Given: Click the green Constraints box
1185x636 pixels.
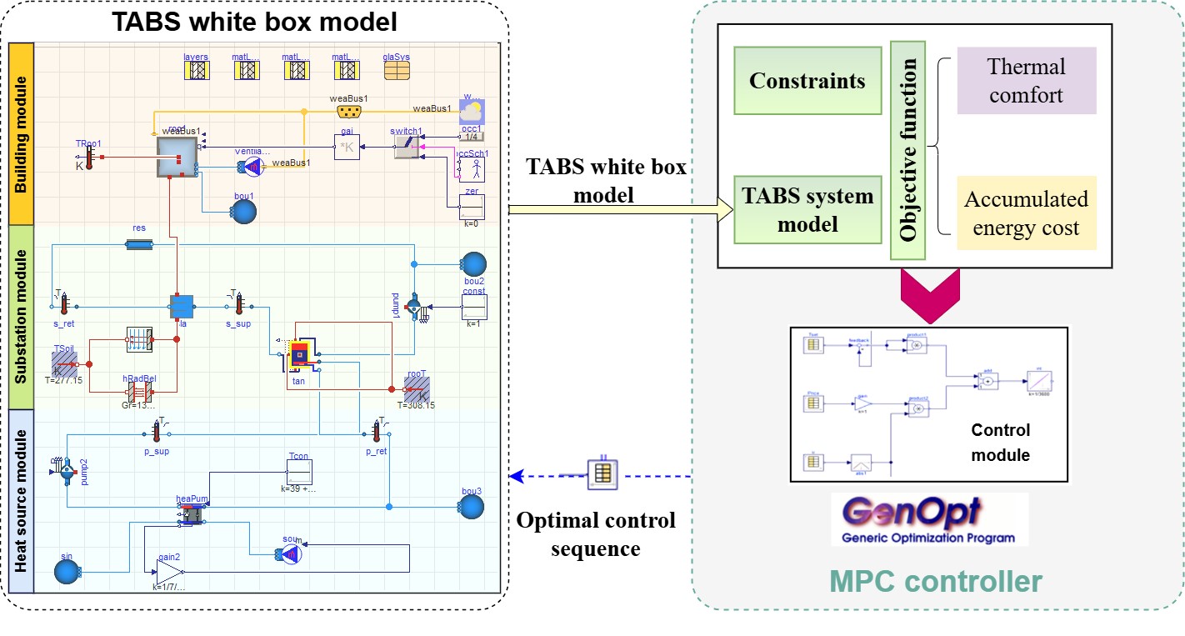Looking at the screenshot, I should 807,81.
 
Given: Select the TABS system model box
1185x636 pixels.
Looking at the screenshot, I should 807,209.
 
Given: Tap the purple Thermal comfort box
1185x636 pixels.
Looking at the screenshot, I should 1025,81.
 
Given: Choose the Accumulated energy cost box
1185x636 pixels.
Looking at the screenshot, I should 1026,213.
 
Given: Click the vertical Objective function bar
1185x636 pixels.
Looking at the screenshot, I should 909,141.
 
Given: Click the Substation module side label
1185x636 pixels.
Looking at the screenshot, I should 20,316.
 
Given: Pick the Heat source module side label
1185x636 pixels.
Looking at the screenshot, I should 20,500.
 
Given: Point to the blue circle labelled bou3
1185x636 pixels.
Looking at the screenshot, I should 472,506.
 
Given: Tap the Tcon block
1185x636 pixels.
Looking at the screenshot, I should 298,473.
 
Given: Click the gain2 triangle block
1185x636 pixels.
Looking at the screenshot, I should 170,571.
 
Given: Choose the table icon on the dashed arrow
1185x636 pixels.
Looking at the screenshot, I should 601,474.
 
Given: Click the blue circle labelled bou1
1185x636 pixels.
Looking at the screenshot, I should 242,211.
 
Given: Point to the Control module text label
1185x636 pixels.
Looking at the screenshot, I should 1000,443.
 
